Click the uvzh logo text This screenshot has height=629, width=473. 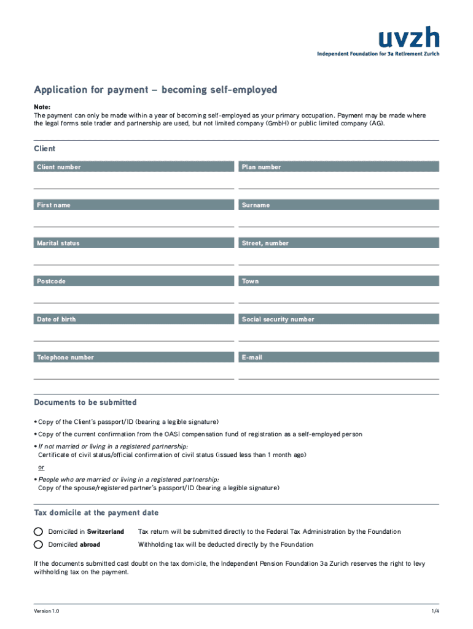(408, 38)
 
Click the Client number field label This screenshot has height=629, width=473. (59, 167)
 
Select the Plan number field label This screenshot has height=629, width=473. (262, 167)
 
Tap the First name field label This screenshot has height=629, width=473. (53, 205)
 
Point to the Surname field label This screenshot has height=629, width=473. (256, 205)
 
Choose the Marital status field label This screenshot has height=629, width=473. (58, 243)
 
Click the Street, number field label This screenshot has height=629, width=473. (265, 243)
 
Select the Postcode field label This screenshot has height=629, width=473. (51, 281)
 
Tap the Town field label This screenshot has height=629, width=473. (251, 281)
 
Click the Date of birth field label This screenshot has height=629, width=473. (57, 319)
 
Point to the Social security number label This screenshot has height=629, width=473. (278, 319)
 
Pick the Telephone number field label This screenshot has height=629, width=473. (66, 357)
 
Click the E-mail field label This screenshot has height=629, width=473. (252, 357)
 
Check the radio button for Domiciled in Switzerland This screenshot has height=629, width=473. (38, 531)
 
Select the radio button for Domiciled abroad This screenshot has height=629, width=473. (38, 544)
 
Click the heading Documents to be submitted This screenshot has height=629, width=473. (85, 402)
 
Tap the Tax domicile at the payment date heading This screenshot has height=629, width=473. (96, 513)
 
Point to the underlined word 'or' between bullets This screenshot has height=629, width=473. (41, 467)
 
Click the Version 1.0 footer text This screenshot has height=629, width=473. (47, 611)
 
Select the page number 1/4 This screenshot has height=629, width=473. (435, 611)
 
